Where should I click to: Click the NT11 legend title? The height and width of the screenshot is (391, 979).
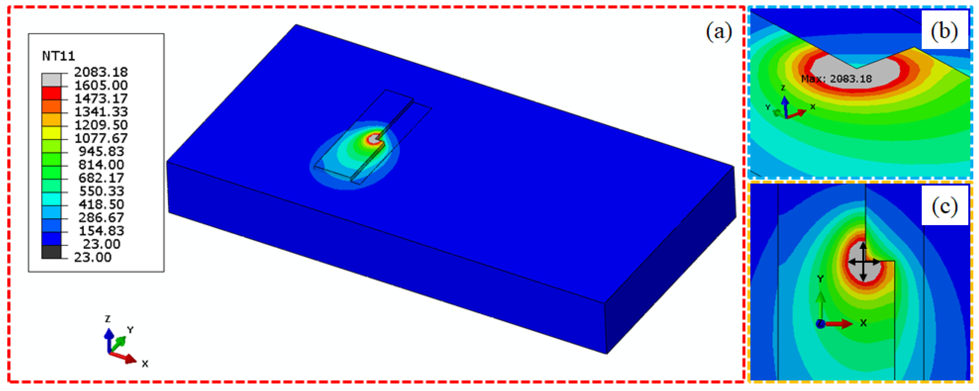tap(59, 56)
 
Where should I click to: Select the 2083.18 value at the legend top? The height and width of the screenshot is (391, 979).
tap(101, 72)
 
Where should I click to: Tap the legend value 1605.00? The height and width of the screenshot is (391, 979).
tap(101, 85)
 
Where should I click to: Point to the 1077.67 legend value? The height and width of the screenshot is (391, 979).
tap(101, 138)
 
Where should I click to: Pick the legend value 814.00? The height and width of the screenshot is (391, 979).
tap(101, 164)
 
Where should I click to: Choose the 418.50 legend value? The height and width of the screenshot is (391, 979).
tap(101, 204)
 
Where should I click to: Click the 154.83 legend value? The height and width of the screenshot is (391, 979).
tap(101, 231)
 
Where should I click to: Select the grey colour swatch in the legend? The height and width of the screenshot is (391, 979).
tap(51, 79)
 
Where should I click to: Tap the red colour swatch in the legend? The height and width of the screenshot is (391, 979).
tap(51, 93)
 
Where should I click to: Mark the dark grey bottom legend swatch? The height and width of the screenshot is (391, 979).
tap(51, 252)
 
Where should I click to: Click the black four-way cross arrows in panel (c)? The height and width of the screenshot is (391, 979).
tap(863, 262)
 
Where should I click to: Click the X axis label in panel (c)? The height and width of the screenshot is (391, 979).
tap(863, 323)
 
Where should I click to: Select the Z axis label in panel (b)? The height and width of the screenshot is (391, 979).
tap(783, 88)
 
